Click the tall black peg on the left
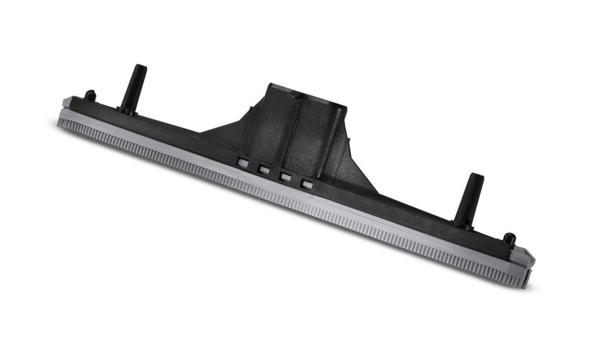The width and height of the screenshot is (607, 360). tap(133, 88)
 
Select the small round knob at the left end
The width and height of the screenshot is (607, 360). tap(90, 95)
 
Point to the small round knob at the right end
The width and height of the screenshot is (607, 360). tap(509, 240)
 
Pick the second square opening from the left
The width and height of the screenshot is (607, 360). tap(263, 169)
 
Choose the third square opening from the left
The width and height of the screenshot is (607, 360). tap(285, 177)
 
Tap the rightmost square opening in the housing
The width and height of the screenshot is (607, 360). tap(307, 184)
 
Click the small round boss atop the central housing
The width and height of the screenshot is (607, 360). tap(297, 95)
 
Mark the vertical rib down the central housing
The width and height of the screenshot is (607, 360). tap(295, 134)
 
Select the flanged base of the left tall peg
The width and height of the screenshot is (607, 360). tap(126, 110)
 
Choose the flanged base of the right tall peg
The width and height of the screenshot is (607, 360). tap(463, 224)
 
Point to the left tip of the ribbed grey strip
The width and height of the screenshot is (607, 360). tap(59, 123)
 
